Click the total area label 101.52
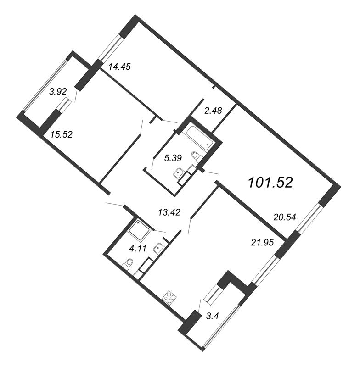click(x=270, y=183)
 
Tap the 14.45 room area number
click(x=119, y=67)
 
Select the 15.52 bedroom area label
click(x=62, y=134)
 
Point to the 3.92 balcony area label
click(x=58, y=92)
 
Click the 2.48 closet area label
click(x=213, y=111)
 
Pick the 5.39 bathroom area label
click(x=173, y=158)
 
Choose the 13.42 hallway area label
click(x=169, y=212)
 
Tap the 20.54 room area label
click(x=285, y=217)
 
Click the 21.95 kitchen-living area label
click(x=262, y=243)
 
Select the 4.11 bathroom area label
click(x=138, y=248)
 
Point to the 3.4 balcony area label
click(x=212, y=316)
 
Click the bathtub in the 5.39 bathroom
click(x=201, y=136)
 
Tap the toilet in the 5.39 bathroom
click(x=197, y=156)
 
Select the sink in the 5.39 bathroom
click(x=179, y=172)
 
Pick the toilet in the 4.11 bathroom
click(x=128, y=264)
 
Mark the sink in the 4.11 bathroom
click(x=159, y=248)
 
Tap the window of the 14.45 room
click(x=110, y=48)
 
